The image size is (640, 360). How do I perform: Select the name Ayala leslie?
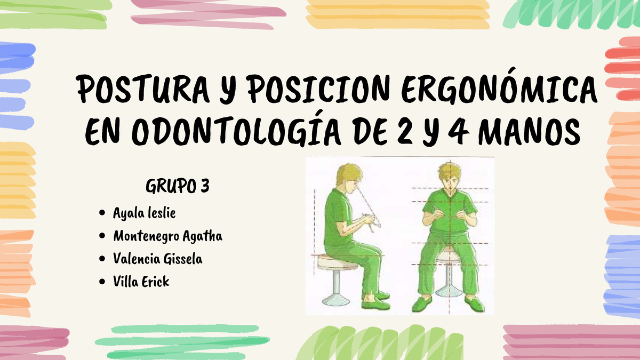(144, 213)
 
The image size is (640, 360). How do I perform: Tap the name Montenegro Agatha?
(167, 236)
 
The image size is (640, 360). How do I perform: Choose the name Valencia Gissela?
(158, 259)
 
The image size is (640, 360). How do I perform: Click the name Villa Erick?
(141, 282)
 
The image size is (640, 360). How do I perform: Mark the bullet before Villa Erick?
(102, 282)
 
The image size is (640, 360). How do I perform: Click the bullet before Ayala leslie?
(102, 213)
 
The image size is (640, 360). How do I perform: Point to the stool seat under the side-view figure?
(335, 261)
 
